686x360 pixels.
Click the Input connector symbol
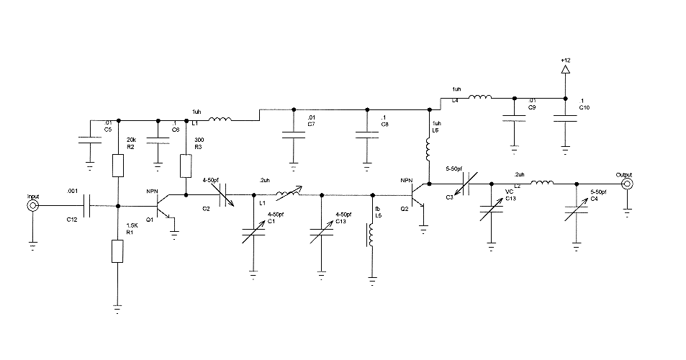(x=33, y=206)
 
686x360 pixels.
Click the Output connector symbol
(x=627, y=184)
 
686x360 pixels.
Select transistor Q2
(x=420, y=196)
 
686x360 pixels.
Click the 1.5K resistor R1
(x=118, y=251)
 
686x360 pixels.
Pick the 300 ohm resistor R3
(x=186, y=167)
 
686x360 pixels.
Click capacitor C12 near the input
(x=89, y=206)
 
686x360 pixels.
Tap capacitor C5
(x=89, y=139)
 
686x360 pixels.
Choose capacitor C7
(x=293, y=134)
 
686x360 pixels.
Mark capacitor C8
(x=367, y=134)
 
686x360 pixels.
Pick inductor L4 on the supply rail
(x=480, y=98)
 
